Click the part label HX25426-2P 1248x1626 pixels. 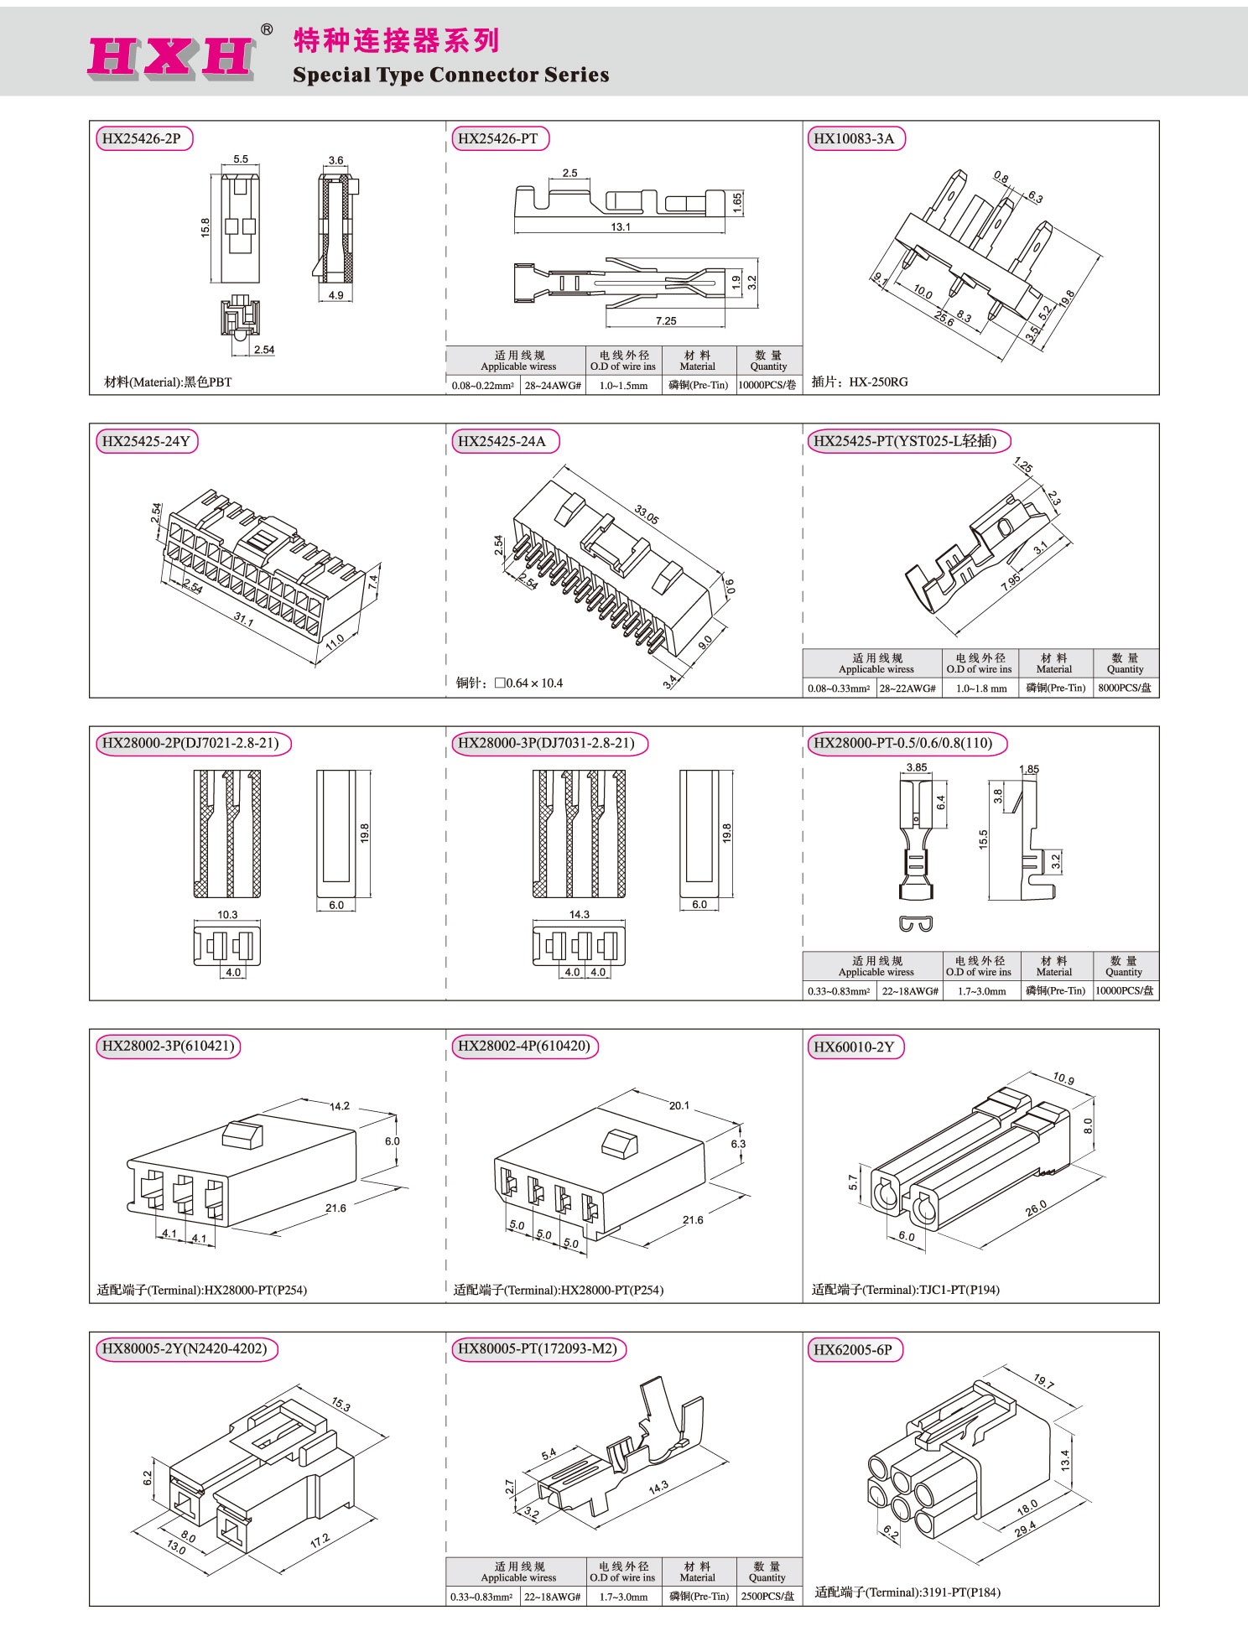[142, 138]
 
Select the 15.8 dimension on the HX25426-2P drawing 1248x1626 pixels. [205, 227]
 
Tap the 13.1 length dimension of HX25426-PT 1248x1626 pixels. [621, 227]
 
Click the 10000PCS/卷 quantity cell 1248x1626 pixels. [767, 386]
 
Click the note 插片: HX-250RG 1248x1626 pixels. [860, 382]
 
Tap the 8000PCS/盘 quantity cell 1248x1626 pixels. [1125, 688]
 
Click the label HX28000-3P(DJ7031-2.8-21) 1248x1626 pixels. [545, 743]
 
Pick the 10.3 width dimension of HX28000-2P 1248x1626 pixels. [227, 915]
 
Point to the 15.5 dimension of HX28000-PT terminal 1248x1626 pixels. [983, 839]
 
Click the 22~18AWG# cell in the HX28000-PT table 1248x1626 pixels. [909, 991]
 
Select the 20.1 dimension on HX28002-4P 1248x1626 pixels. [679, 1106]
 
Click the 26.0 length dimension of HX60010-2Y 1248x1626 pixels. [1037, 1208]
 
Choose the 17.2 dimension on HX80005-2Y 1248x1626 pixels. [320, 1540]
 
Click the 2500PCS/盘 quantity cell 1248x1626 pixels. [767, 1597]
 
